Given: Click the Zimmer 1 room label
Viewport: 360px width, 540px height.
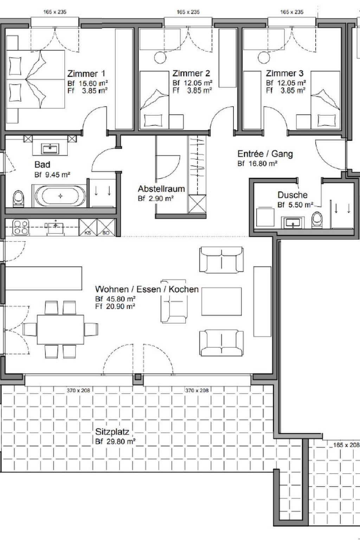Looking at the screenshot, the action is (x=86, y=73).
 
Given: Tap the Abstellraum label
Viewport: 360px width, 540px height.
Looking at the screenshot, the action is (x=161, y=189).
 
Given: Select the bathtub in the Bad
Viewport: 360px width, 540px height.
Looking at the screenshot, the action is (x=60, y=196).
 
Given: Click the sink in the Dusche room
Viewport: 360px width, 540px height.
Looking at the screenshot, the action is (x=293, y=223).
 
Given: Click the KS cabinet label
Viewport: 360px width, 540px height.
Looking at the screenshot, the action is (x=88, y=233).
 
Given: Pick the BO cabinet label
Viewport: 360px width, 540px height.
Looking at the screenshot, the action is (x=106, y=233).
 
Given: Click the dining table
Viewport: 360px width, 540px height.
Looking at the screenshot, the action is (x=60, y=329).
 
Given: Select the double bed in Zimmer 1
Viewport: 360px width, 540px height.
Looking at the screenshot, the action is (x=36, y=79).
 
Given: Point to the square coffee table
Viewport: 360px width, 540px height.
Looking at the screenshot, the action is (x=221, y=301).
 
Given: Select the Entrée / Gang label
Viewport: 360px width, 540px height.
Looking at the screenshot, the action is (x=265, y=154).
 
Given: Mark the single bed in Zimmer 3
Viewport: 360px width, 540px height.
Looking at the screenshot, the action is (x=326, y=100).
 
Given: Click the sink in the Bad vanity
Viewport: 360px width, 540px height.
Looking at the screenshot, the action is (x=50, y=148).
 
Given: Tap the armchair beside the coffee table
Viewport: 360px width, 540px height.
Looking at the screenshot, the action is (x=174, y=301).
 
